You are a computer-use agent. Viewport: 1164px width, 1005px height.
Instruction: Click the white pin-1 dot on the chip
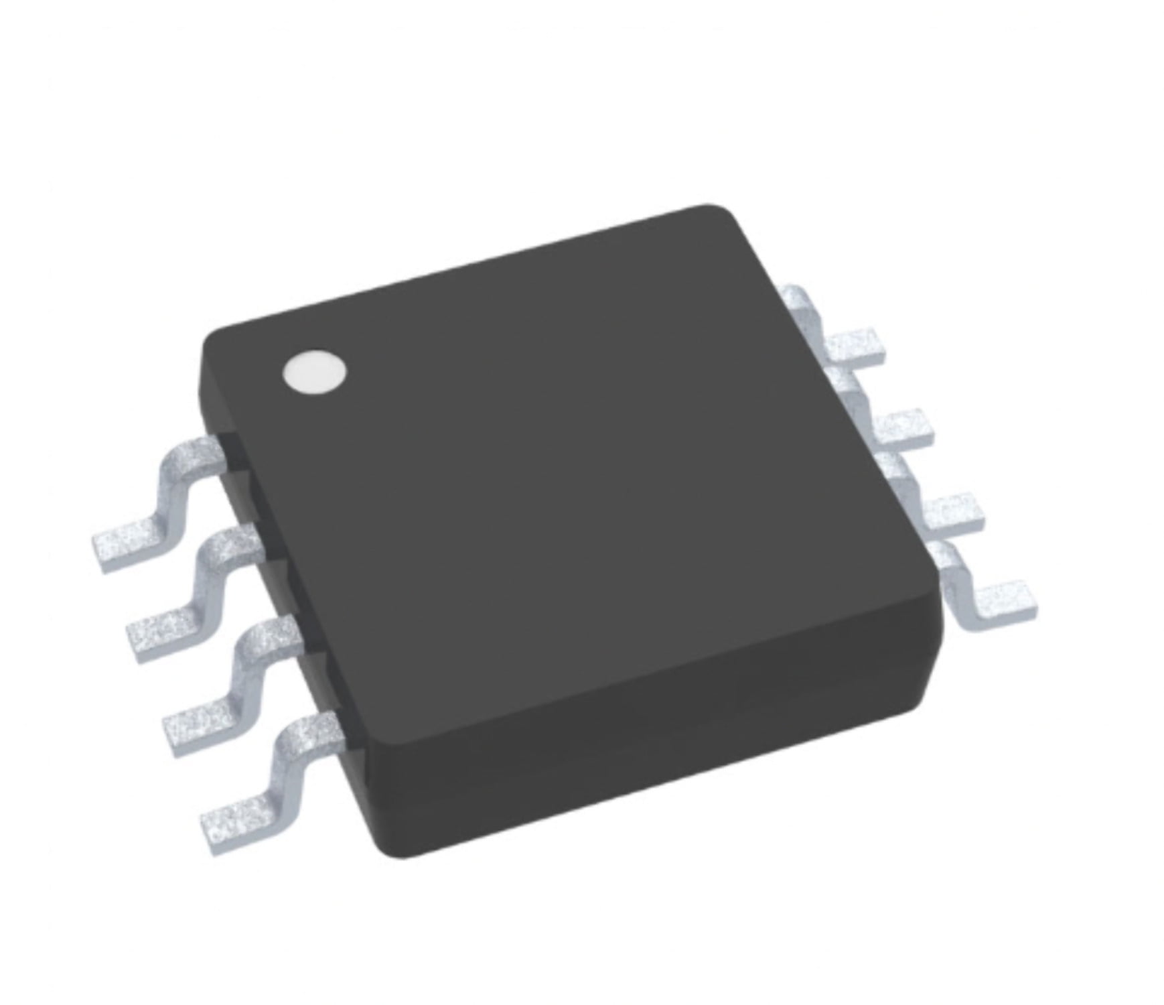pyautogui.click(x=315, y=371)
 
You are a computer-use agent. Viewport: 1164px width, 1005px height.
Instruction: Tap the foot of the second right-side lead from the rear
pyautogui.click(x=904, y=427)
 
